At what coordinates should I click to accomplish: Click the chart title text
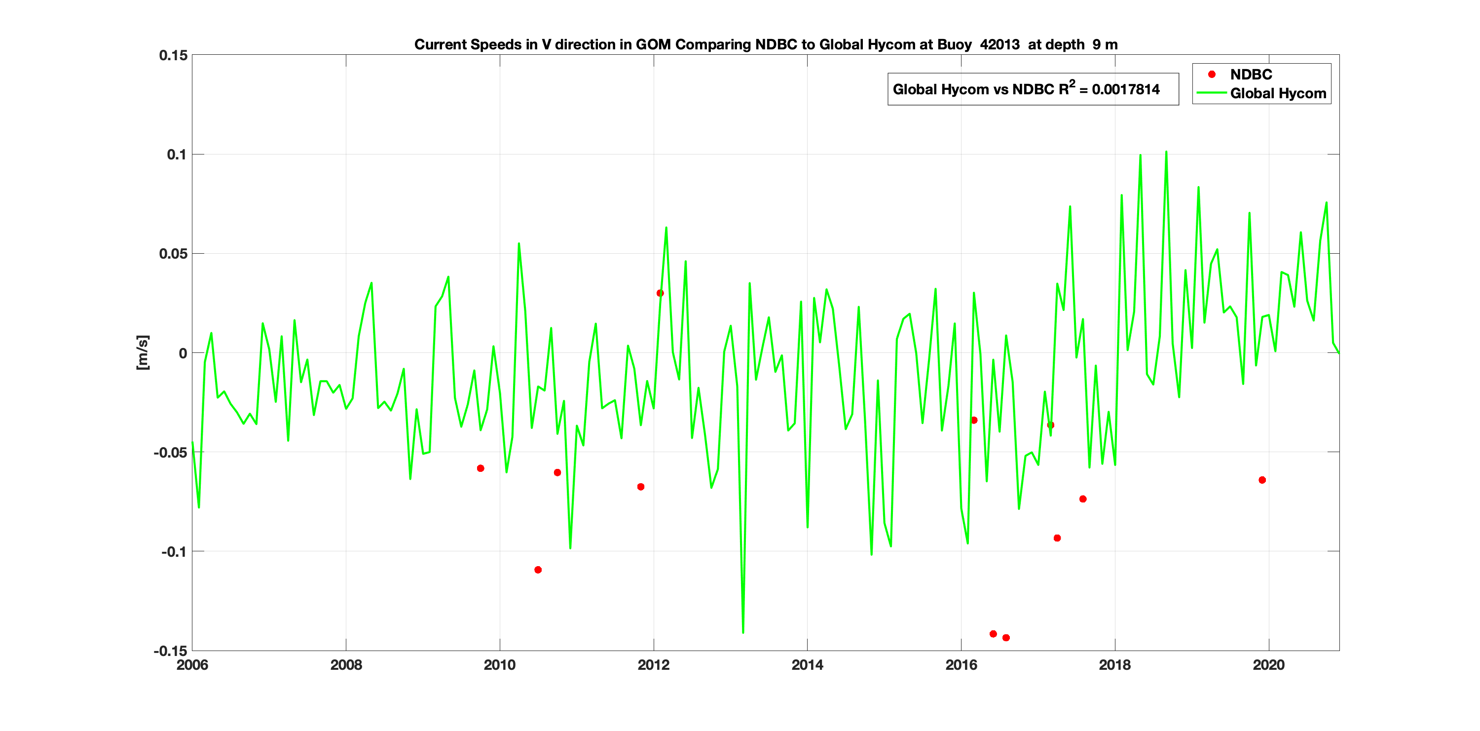coord(765,45)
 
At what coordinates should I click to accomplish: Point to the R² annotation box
coord(1033,89)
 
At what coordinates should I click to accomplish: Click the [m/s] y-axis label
coord(142,352)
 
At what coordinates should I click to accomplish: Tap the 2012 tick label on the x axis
coord(653,665)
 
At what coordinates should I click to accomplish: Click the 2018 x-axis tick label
coord(1114,665)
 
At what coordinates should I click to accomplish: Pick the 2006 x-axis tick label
coord(192,665)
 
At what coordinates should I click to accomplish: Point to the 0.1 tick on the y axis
coord(177,154)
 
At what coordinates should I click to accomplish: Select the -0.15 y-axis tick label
coord(171,651)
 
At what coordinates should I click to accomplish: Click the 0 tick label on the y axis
coord(183,353)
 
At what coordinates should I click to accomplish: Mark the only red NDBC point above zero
coord(660,293)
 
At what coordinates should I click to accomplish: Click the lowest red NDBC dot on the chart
coord(1006,638)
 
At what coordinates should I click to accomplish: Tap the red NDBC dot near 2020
coord(1262,480)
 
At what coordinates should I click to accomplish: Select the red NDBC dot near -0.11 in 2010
coord(538,570)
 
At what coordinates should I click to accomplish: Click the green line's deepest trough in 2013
coord(743,632)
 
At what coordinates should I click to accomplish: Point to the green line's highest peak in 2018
coord(1166,153)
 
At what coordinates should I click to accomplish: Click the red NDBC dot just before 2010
coord(481,468)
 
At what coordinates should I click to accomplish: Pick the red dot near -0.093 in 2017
coord(1057,538)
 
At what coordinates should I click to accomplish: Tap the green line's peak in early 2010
coord(519,244)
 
